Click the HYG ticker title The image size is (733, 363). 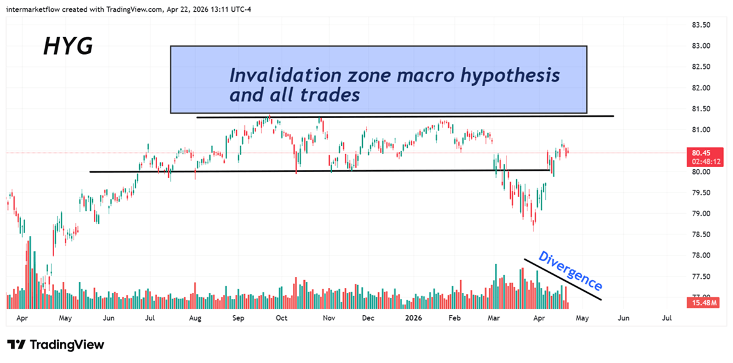(x=68, y=46)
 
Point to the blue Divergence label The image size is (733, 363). (x=570, y=271)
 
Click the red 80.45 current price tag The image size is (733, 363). (x=700, y=153)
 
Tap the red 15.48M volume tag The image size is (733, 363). (x=700, y=303)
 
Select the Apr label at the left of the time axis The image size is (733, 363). (x=22, y=319)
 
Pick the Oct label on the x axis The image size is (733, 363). (x=282, y=319)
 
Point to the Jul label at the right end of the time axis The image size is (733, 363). (x=667, y=319)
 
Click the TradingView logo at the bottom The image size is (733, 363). (x=56, y=345)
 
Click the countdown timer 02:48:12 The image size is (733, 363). (x=700, y=162)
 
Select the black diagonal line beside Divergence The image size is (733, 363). (x=562, y=279)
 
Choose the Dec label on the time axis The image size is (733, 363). (x=368, y=319)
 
